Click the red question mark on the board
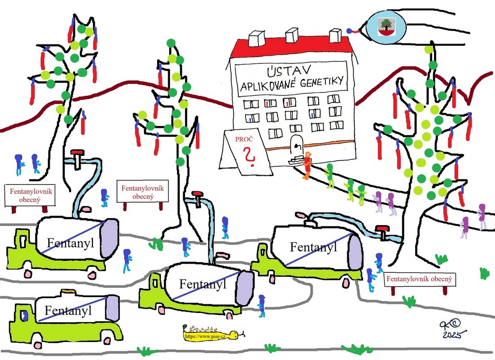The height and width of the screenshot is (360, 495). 249,155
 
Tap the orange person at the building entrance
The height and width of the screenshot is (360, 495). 306,165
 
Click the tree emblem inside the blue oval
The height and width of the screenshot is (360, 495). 386,24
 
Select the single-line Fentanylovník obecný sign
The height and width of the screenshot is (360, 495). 420,279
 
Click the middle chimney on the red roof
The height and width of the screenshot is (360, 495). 292,35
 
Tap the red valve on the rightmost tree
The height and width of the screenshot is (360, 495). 383,229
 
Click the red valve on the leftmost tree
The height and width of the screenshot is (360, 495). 77,153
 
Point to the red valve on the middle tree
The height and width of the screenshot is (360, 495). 196,195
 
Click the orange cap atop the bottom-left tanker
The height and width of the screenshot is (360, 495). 66,291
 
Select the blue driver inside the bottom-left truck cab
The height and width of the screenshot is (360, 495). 25,315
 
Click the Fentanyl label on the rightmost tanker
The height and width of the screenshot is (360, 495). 313,247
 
